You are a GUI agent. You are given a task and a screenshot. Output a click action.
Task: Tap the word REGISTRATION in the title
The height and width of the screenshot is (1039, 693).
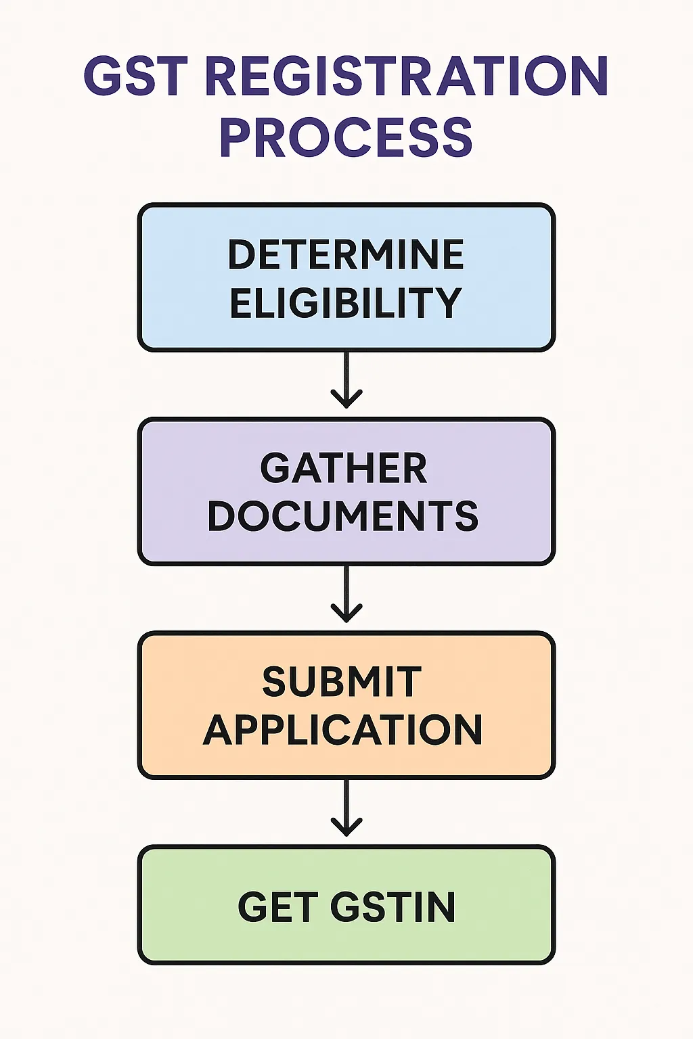point(406,76)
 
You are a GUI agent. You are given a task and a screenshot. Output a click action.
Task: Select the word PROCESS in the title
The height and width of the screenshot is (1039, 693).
point(346,138)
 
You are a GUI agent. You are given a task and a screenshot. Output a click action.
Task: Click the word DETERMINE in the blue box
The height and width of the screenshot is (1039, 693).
point(346,254)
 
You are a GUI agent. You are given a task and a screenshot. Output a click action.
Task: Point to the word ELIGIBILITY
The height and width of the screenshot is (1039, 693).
point(346,302)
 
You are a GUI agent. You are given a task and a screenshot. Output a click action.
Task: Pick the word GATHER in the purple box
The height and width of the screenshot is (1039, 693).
point(344,468)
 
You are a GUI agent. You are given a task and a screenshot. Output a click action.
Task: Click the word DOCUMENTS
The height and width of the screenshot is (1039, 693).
point(343,516)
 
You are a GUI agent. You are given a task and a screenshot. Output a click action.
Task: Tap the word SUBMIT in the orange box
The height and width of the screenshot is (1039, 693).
point(342,682)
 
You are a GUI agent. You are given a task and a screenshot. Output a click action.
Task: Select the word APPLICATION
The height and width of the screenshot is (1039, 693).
point(343,730)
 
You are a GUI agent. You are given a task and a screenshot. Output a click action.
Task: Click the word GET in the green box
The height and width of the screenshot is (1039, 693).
point(277,907)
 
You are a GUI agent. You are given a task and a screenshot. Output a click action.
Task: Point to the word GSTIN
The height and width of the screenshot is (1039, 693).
point(393,907)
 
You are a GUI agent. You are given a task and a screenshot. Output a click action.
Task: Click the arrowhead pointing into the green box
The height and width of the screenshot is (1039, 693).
point(346,829)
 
